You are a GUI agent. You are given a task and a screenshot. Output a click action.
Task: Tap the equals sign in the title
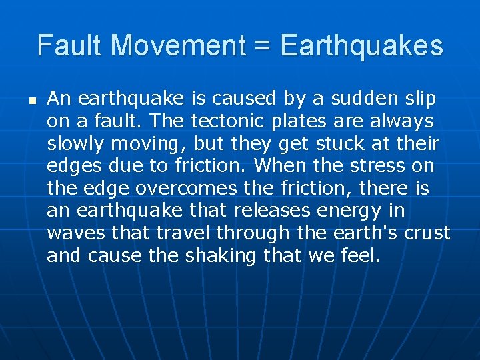pos(260,46)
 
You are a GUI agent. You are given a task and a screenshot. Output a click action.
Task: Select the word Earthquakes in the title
pos(362,46)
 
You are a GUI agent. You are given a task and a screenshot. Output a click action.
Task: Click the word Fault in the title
pos(70,46)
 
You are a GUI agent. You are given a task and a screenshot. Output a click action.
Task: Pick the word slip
pos(419,99)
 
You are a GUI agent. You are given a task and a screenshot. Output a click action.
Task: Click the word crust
pos(426,233)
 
